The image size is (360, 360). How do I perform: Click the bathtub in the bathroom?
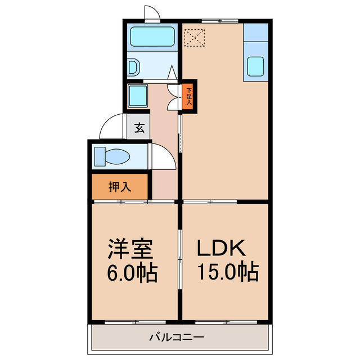point(152,37)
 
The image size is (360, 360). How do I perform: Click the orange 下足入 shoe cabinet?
point(189,96)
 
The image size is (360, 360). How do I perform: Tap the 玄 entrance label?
point(139,128)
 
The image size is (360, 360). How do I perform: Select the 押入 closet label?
point(120,187)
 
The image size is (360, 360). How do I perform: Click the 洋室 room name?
point(130,249)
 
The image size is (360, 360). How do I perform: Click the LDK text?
point(220,249)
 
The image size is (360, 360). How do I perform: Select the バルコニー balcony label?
point(177,337)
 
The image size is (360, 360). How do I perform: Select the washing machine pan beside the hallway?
point(137,96)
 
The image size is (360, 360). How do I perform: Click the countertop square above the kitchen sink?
point(254,32)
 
